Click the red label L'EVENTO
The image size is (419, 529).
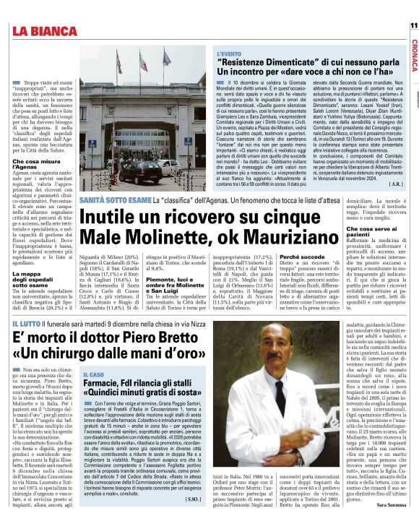coord(230,53)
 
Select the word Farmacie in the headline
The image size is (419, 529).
coord(105,383)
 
